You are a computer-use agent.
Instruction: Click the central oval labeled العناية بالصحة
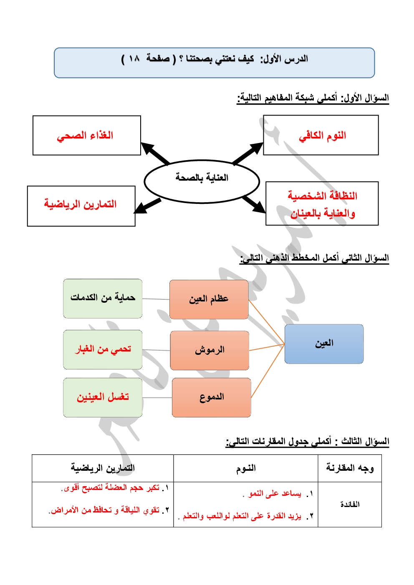[202, 181]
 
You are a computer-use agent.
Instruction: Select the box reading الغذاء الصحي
[86, 136]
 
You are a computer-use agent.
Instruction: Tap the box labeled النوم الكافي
[321, 135]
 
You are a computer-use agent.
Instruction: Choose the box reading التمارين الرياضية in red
[81, 206]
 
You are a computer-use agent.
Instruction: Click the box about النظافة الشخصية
[322, 203]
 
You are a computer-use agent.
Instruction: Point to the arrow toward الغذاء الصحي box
[155, 153]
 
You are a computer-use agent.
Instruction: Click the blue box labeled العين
[324, 344]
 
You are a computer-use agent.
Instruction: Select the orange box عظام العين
[209, 299]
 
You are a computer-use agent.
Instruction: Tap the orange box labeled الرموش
[210, 350]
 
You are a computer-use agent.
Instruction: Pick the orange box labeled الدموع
[211, 397]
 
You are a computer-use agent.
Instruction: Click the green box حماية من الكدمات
[103, 299]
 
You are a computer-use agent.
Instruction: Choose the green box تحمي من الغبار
[103, 349]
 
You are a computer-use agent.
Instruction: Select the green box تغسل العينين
[103, 397]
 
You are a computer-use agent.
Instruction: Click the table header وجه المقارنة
[350, 468]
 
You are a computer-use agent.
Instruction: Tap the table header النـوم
[246, 468]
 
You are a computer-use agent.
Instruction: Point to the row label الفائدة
[350, 505]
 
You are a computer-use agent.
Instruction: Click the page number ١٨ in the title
[134, 59]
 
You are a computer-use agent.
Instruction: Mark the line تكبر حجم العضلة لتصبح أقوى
[111, 488]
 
